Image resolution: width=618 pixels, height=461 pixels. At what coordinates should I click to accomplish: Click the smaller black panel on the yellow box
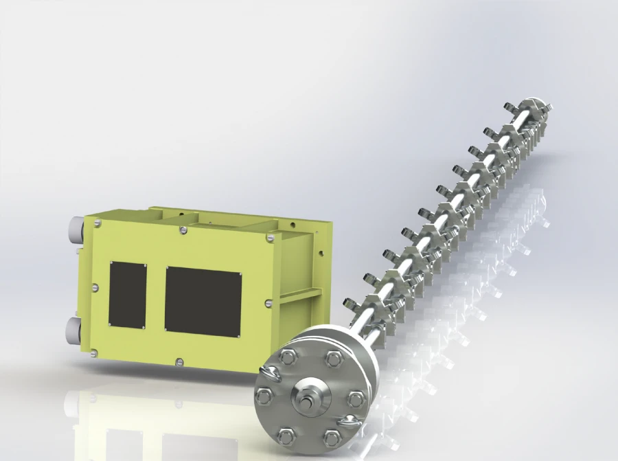[127, 295]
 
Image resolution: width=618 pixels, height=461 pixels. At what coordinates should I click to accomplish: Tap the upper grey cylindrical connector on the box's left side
[75, 228]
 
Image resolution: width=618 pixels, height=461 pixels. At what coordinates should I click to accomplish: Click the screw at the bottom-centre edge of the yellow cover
[179, 361]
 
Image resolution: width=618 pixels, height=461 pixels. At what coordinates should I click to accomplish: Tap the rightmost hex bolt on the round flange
[354, 397]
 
